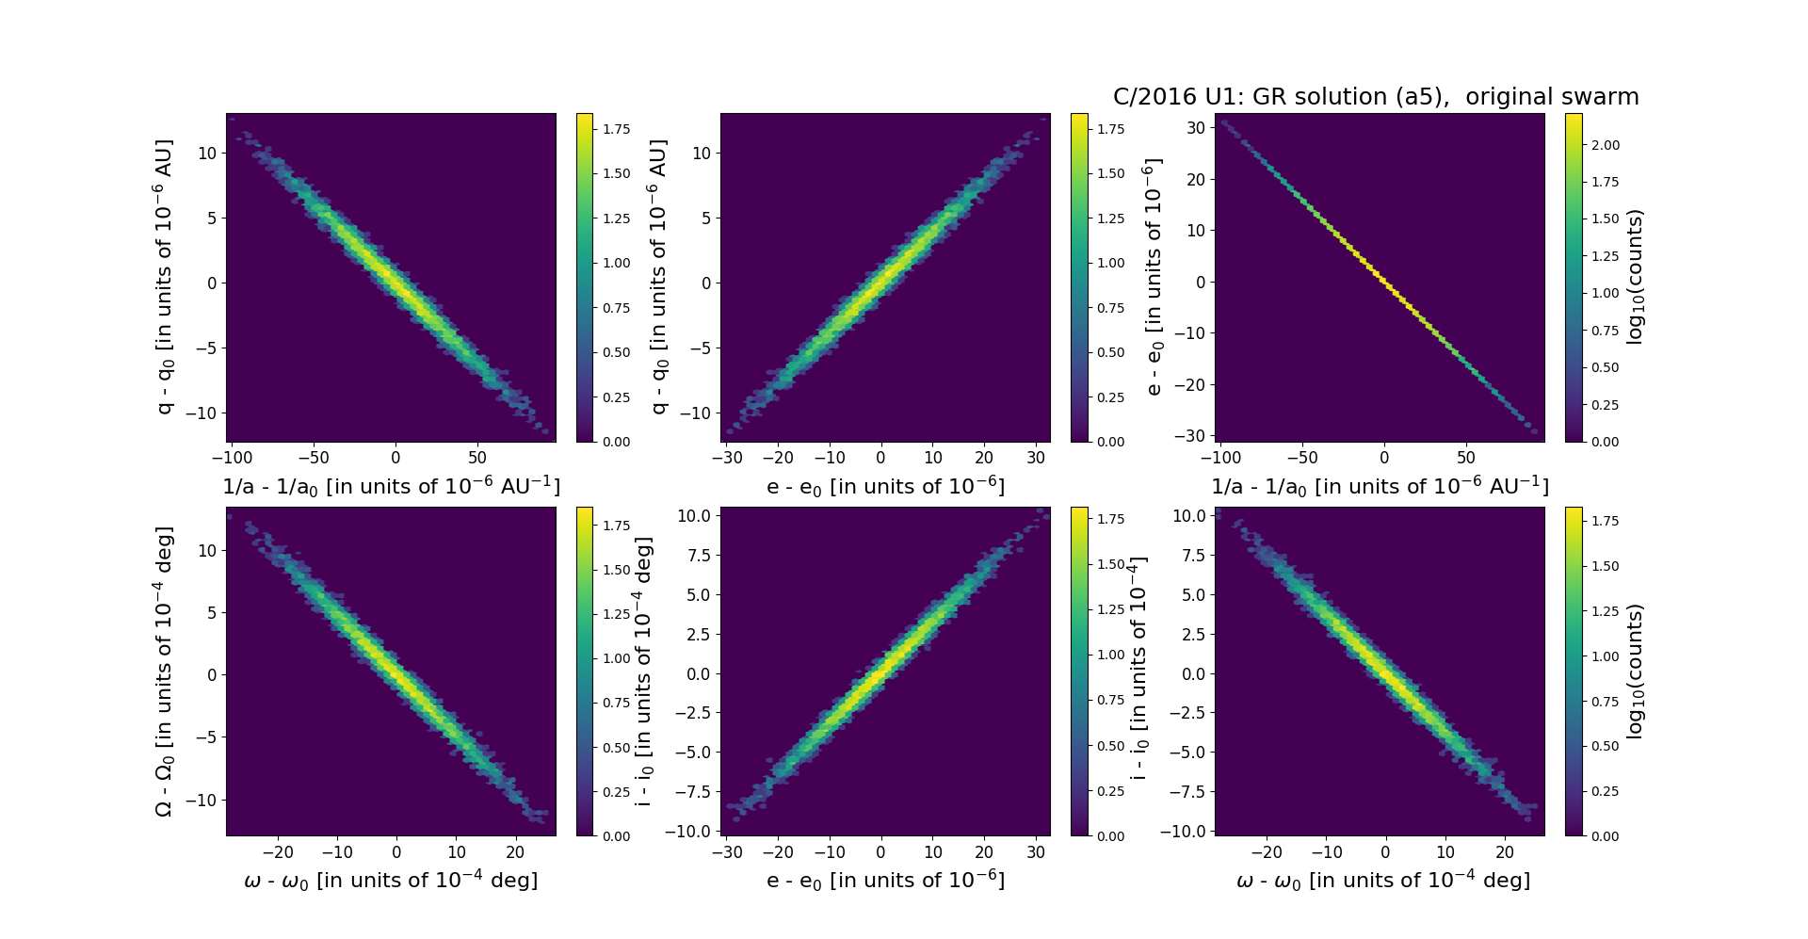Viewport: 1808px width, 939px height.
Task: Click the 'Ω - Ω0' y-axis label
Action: (x=164, y=672)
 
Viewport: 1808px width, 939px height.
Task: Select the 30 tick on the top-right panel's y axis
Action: (x=1196, y=128)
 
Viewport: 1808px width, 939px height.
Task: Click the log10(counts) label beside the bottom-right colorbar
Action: (x=1635, y=672)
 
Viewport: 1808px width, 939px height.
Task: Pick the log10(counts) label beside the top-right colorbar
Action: (x=1635, y=277)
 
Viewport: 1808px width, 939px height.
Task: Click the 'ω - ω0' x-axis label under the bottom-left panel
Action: (x=391, y=881)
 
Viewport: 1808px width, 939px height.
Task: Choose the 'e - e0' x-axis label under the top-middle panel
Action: (x=885, y=487)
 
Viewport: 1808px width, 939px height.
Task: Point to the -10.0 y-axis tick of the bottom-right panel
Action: (x=1187, y=831)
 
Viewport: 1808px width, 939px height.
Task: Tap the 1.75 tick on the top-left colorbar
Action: (x=617, y=129)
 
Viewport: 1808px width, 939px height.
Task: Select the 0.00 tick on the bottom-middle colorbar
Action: (x=1111, y=836)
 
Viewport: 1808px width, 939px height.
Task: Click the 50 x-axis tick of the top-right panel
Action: (x=1466, y=458)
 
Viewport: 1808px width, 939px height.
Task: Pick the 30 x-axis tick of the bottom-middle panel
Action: (x=1037, y=852)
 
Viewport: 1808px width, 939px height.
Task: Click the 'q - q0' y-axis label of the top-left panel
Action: (x=164, y=277)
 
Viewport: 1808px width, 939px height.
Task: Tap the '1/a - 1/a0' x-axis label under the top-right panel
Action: (x=1380, y=487)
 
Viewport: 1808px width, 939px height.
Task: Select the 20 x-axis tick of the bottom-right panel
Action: (x=1505, y=852)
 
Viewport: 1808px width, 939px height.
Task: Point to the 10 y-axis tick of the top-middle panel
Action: (x=702, y=154)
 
